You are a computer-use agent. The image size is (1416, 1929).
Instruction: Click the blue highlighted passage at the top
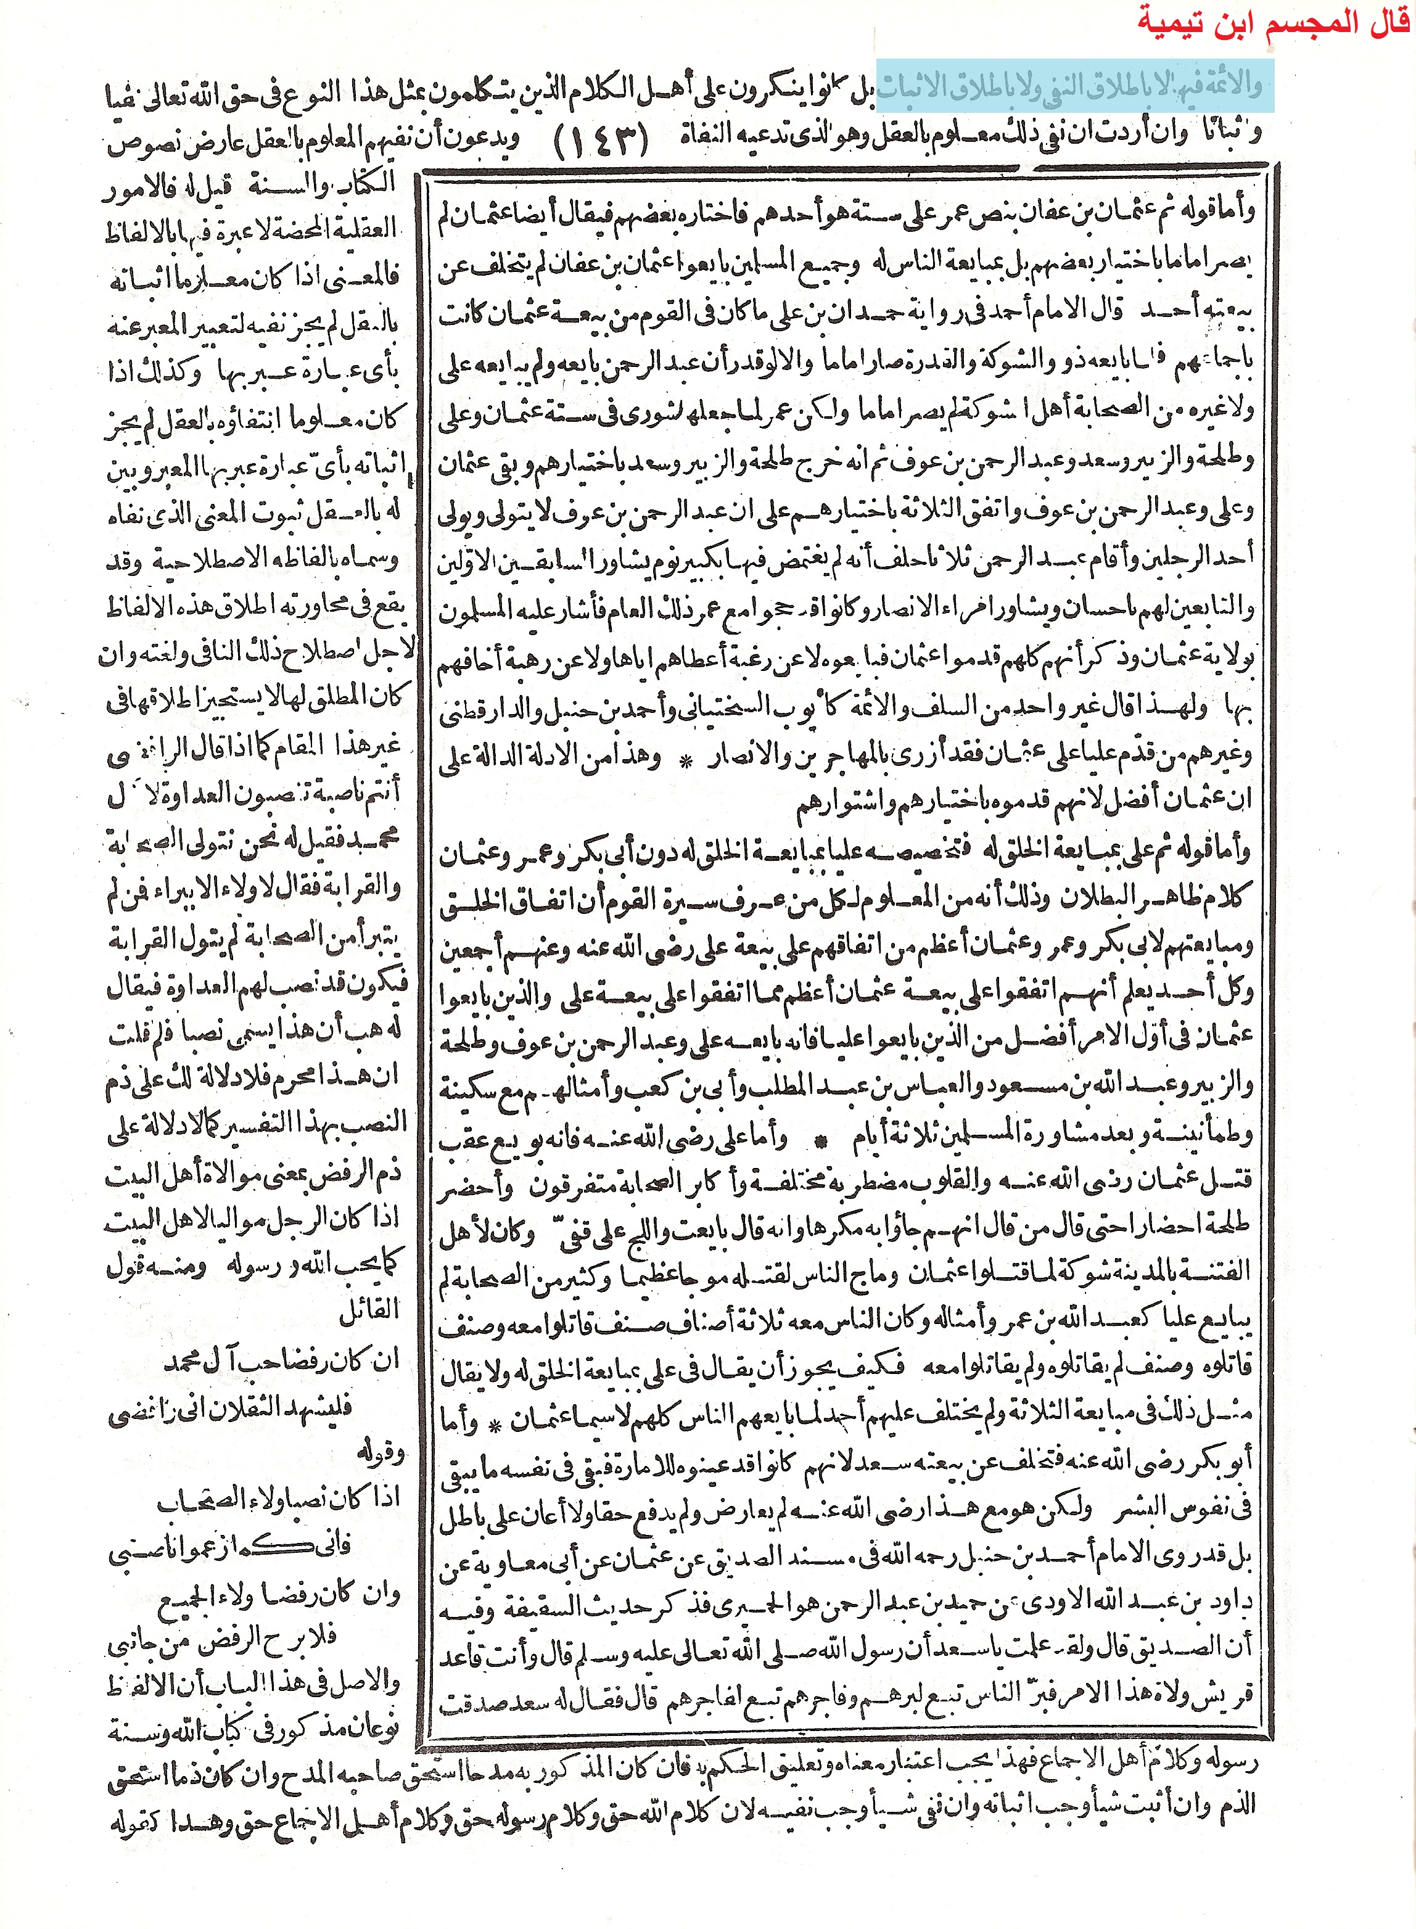click(1071, 86)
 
